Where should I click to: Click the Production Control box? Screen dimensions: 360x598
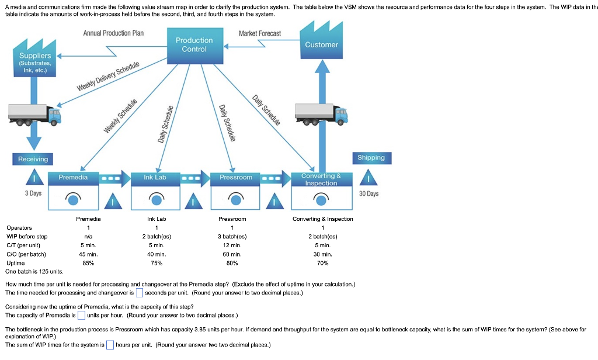[194, 45]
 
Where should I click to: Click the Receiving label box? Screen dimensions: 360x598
[33, 159]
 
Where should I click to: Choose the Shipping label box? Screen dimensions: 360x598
[371, 158]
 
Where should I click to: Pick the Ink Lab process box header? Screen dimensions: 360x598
[155, 177]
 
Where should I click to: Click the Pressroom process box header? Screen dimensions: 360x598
[236, 177]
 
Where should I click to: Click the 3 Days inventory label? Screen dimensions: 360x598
[33, 193]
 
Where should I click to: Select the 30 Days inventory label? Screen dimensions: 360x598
[369, 193]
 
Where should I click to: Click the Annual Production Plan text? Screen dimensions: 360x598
[113, 33]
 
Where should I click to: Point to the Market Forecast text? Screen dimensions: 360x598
[260, 34]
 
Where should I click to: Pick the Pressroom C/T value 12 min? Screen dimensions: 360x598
[232, 245]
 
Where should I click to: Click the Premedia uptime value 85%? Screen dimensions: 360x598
[88, 263]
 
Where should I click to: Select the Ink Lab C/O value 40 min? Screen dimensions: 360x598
[157, 254]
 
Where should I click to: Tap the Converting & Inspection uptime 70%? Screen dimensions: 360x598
[323, 263]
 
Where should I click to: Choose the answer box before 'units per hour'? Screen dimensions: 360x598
[81, 316]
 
